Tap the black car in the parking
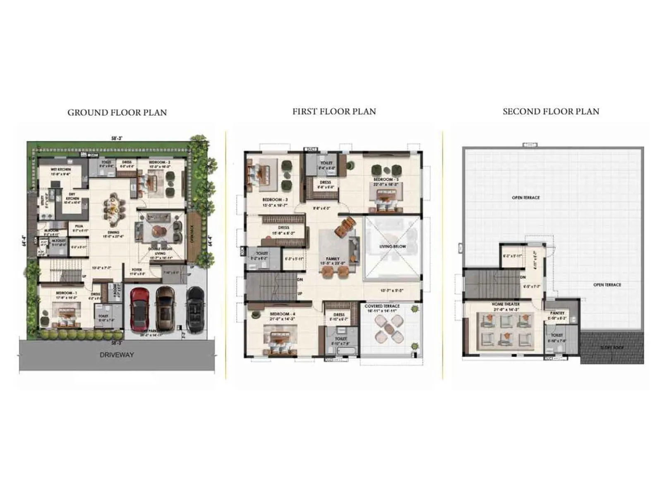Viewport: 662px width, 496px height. (195, 309)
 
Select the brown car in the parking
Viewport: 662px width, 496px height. (165, 308)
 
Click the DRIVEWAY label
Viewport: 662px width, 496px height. (117, 355)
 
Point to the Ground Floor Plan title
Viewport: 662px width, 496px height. (117, 112)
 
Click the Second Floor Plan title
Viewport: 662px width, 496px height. (551, 112)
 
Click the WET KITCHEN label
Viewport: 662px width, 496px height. (61, 169)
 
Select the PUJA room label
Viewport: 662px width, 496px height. (79, 226)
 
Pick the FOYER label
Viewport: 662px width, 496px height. (137, 270)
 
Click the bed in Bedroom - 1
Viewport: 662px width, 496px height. (67, 315)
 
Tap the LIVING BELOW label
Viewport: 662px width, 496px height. (393, 247)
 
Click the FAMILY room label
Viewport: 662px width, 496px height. (333, 259)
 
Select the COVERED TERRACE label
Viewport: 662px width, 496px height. (382, 306)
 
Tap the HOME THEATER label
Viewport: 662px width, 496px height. (506, 304)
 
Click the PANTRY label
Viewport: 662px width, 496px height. (557, 313)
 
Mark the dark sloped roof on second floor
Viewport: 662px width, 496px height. (612, 347)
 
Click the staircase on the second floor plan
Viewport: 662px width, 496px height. (490, 284)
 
